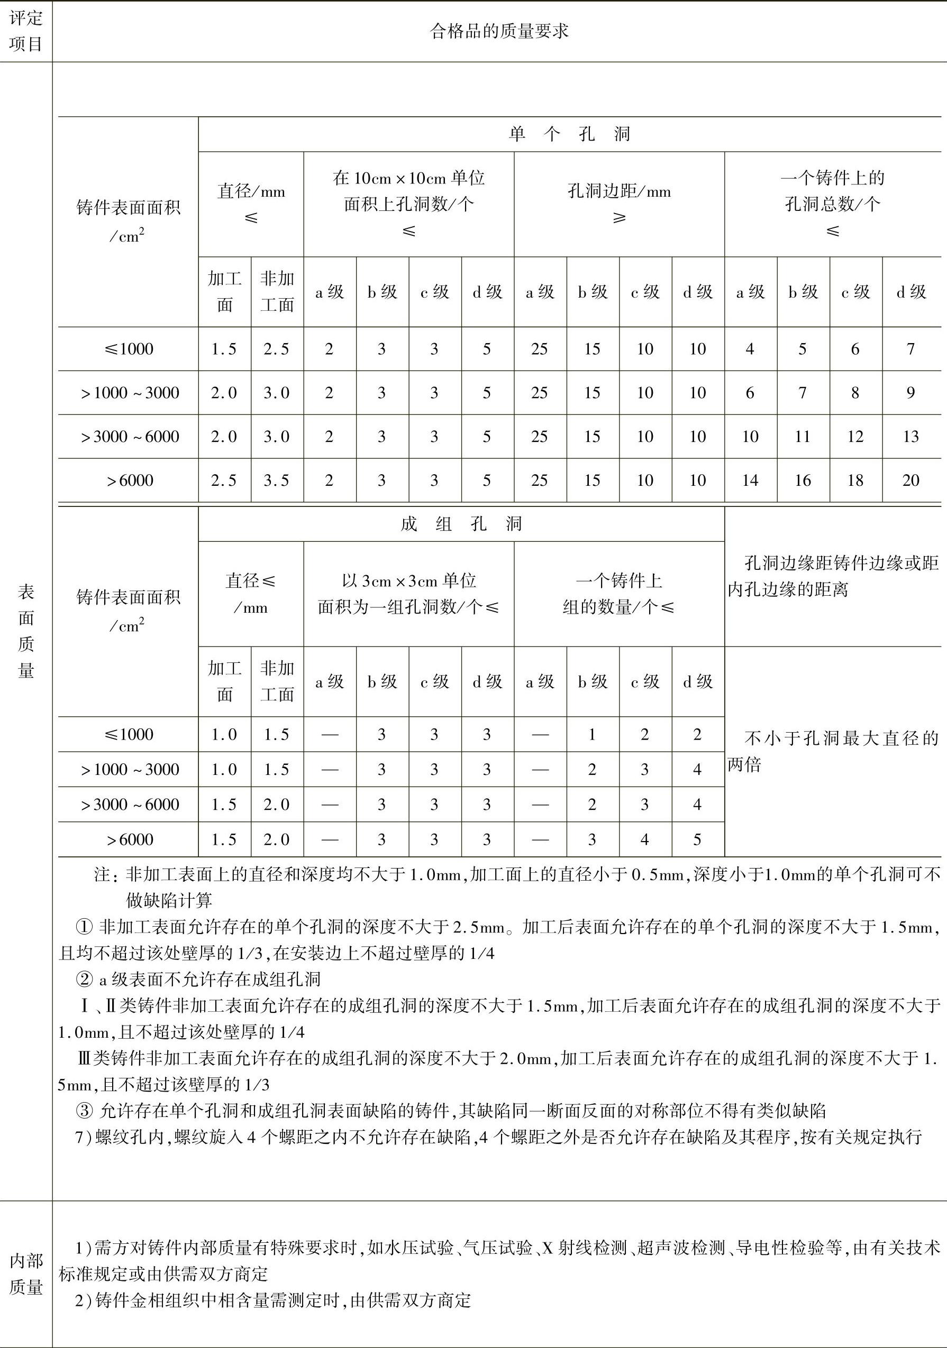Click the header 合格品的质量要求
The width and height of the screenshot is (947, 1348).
(x=499, y=31)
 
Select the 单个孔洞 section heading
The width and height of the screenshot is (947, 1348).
(x=569, y=134)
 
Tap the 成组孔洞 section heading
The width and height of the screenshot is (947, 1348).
(x=461, y=524)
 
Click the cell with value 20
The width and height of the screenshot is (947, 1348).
(x=910, y=480)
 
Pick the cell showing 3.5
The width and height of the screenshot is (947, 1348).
(x=277, y=480)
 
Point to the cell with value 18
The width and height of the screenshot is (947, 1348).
(x=855, y=480)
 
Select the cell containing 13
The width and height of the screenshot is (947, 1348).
(x=910, y=436)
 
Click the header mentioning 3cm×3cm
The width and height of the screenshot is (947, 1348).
(x=409, y=594)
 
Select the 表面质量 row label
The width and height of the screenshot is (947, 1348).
(x=26, y=631)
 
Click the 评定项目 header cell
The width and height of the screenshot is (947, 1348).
(x=26, y=31)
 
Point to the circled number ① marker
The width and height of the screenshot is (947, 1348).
(x=85, y=927)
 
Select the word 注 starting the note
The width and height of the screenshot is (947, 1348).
(x=102, y=875)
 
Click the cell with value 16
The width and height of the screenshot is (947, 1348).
(x=803, y=480)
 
